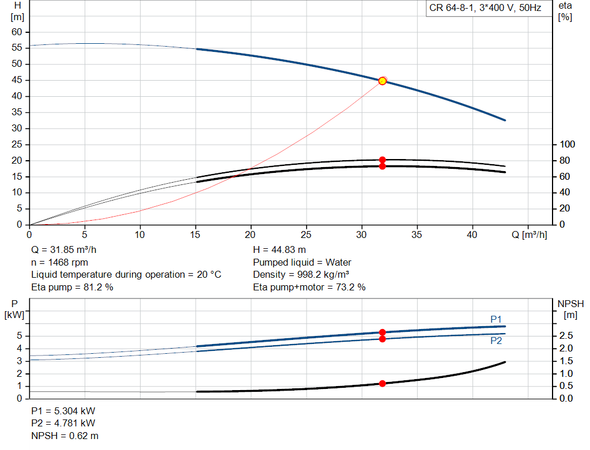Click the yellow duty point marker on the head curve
coord(383,81)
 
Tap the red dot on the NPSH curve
coord(383,383)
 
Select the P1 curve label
coord(496,319)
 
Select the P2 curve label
coord(496,341)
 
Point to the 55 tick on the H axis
coord(17,48)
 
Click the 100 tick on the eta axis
coord(567,145)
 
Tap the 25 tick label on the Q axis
coord(306,235)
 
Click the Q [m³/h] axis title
coord(529,235)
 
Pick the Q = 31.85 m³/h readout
coord(63,250)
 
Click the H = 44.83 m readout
coord(279,250)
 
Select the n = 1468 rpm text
coord(59,262)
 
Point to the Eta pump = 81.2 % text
coord(72,287)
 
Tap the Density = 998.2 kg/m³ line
coord(301,275)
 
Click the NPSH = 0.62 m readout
coord(65,436)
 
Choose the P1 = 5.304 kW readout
coord(63,411)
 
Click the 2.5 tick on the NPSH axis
coord(566,336)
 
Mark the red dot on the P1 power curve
coord(383,332)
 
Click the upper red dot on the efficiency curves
coord(383,160)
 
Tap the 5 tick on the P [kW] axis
coord(20,336)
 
